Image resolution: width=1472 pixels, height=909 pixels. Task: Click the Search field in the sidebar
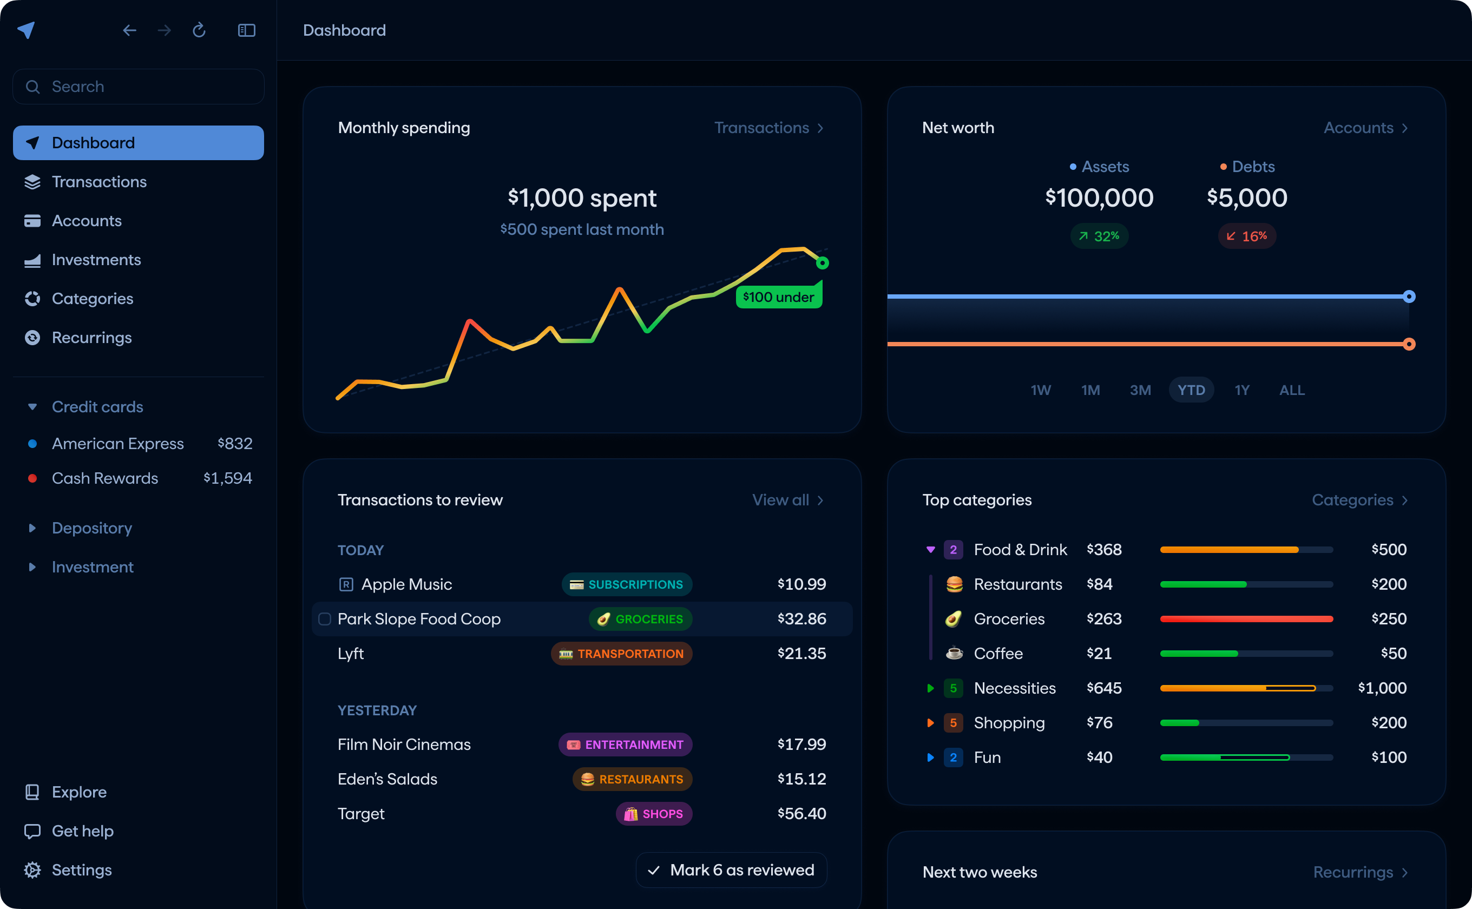click(x=139, y=87)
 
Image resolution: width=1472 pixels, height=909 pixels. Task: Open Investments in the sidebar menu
click(x=96, y=260)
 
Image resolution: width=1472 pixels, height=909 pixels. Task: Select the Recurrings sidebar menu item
click(x=91, y=338)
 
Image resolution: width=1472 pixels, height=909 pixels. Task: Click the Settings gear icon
click(x=32, y=870)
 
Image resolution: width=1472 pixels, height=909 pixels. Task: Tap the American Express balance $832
click(x=234, y=444)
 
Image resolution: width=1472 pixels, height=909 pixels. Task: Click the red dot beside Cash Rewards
click(x=32, y=478)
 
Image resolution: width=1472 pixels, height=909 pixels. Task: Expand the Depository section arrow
click(x=32, y=528)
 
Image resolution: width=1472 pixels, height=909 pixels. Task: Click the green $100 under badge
click(x=779, y=297)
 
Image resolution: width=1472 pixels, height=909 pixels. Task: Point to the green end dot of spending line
click(x=823, y=263)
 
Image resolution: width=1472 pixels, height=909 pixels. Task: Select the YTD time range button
click(x=1191, y=390)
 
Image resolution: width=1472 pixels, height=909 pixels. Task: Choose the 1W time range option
click(x=1041, y=390)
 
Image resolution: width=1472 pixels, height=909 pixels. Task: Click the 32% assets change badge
click(x=1099, y=236)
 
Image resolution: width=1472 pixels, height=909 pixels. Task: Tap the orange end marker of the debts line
click(x=1409, y=344)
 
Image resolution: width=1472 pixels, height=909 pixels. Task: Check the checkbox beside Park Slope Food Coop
click(x=325, y=619)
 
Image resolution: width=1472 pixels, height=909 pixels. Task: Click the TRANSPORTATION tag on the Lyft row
click(x=622, y=654)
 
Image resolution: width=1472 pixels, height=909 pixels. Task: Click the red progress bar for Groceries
click(x=1246, y=619)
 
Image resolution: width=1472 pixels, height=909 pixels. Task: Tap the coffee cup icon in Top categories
click(x=954, y=653)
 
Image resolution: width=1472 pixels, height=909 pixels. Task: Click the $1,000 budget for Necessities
click(x=1382, y=688)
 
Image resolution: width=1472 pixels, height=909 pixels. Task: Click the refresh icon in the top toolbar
click(x=199, y=30)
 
